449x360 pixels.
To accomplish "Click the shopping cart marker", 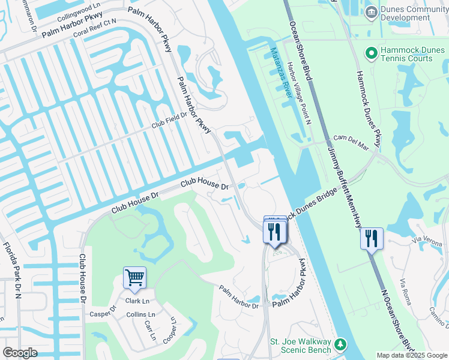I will (x=134, y=278).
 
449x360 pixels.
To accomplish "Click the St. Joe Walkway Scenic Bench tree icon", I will (x=340, y=344).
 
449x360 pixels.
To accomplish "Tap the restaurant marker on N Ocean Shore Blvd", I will (x=372, y=239).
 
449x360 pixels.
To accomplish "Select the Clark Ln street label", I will (x=137, y=301).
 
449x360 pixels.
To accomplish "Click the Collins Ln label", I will (x=140, y=315).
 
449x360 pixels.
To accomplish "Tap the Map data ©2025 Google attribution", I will (x=411, y=355).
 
